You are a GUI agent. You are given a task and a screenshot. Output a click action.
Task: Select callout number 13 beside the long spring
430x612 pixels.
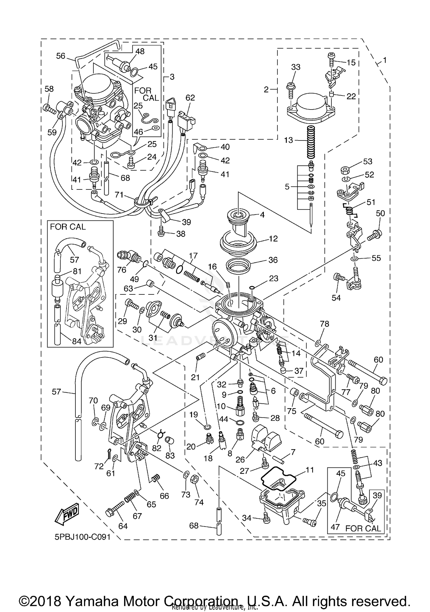tap(288, 140)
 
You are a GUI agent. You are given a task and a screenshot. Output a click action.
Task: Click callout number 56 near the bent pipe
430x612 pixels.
tap(60, 56)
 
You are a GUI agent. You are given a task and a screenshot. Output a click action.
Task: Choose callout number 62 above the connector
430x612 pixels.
tap(190, 98)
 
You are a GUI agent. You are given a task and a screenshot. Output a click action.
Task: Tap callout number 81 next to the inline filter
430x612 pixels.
tap(77, 271)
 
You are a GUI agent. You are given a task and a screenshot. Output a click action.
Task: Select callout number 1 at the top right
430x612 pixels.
tap(384, 60)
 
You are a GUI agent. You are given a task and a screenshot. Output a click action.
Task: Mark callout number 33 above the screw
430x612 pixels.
tap(296, 67)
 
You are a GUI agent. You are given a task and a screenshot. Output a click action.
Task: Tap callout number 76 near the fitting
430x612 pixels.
tap(122, 269)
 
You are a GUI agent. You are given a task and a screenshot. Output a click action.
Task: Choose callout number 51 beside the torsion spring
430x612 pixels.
tap(371, 202)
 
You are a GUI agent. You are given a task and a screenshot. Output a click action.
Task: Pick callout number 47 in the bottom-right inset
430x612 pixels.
tap(335, 527)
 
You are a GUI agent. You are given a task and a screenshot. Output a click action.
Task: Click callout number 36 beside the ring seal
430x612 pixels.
tap(273, 260)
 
